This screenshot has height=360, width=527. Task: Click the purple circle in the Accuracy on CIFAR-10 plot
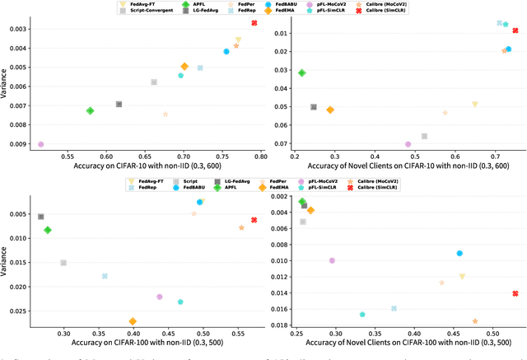(x=40, y=144)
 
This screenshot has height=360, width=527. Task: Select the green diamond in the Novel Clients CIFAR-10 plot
(x=302, y=72)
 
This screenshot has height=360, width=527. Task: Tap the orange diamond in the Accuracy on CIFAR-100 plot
(x=133, y=321)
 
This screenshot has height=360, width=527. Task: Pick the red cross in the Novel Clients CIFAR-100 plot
(x=515, y=293)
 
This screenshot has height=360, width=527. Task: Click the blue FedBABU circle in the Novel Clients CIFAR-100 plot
(x=459, y=254)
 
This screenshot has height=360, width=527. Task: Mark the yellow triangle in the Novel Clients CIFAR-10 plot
(x=475, y=105)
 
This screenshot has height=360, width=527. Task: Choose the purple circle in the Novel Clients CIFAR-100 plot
(x=333, y=260)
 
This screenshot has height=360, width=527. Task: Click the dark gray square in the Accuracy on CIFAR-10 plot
(x=119, y=104)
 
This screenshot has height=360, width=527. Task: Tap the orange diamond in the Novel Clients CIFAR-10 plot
(x=330, y=110)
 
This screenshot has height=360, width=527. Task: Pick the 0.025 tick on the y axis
(x=21, y=311)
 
